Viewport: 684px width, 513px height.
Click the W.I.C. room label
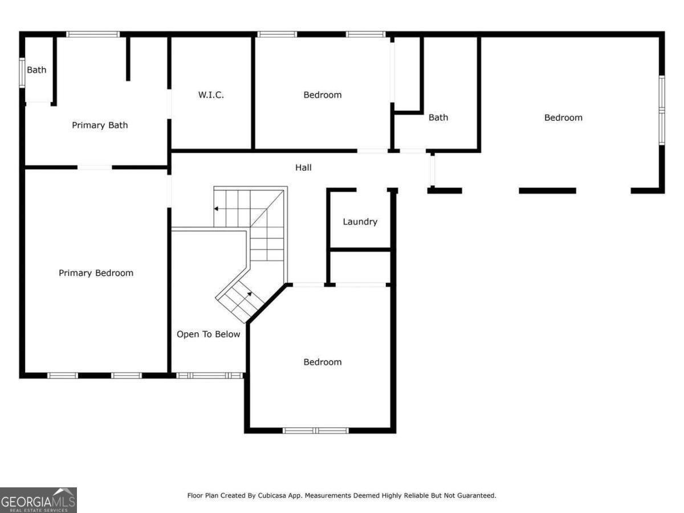[211, 95]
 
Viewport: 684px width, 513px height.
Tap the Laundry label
[360, 222]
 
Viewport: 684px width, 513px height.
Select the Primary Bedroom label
[96, 273]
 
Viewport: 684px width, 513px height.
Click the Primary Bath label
[100, 125]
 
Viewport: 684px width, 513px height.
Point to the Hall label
[303, 168]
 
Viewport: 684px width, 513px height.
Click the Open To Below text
[208, 334]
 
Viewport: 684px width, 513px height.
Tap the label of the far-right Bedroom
[563, 117]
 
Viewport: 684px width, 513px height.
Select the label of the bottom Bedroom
[322, 362]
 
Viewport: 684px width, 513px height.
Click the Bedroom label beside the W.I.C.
[322, 95]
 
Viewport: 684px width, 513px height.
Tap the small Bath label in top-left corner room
[36, 70]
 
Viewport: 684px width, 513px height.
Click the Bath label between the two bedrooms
[438, 117]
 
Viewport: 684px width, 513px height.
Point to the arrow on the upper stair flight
[217, 209]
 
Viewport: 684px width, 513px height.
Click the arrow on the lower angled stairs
[249, 294]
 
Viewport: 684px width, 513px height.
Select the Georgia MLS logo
[38, 500]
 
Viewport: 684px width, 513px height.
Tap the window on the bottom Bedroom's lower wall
[316, 430]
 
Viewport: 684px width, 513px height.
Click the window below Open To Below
[210, 376]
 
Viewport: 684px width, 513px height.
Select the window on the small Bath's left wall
[22, 72]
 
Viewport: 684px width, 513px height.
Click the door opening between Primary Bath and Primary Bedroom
[95, 167]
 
